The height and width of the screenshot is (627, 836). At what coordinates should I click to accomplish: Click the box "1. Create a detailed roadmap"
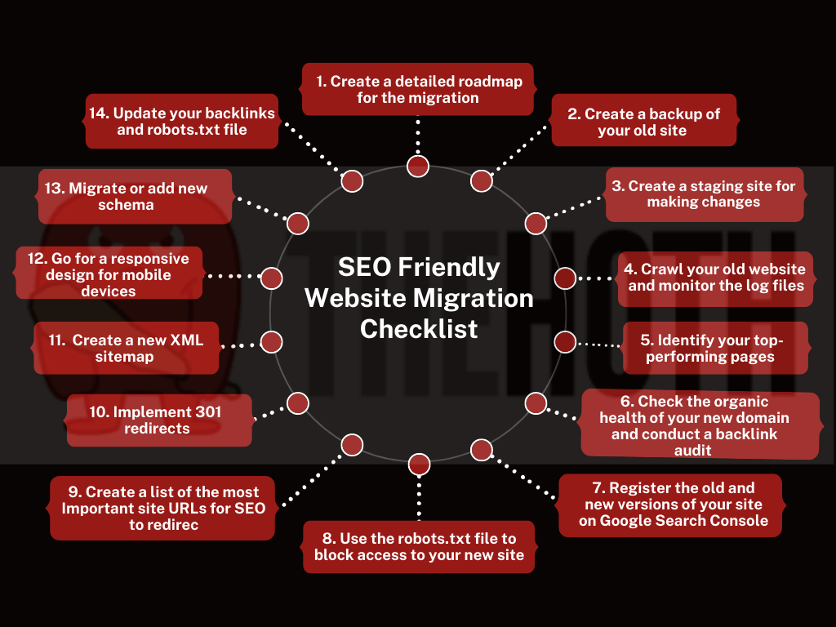(x=417, y=89)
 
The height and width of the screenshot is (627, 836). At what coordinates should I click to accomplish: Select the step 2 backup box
(x=643, y=121)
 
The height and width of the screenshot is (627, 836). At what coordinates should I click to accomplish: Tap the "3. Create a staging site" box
(x=704, y=194)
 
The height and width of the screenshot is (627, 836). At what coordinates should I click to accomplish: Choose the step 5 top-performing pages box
(x=715, y=348)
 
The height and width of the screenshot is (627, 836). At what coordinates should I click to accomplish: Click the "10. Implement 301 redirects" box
(x=158, y=420)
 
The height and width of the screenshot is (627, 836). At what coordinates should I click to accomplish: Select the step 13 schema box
(x=135, y=196)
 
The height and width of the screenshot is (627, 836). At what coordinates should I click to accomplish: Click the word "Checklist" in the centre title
(x=419, y=329)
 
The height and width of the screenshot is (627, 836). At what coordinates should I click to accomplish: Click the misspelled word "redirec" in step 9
(x=171, y=525)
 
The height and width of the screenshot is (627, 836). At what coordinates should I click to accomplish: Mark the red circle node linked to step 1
(x=418, y=166)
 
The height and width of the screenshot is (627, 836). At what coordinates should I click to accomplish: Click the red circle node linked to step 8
(x=419, y=465)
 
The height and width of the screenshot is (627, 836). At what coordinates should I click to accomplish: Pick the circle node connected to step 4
(x=565, y=278)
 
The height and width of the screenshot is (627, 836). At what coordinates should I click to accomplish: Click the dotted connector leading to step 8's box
(x=419, y=498)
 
